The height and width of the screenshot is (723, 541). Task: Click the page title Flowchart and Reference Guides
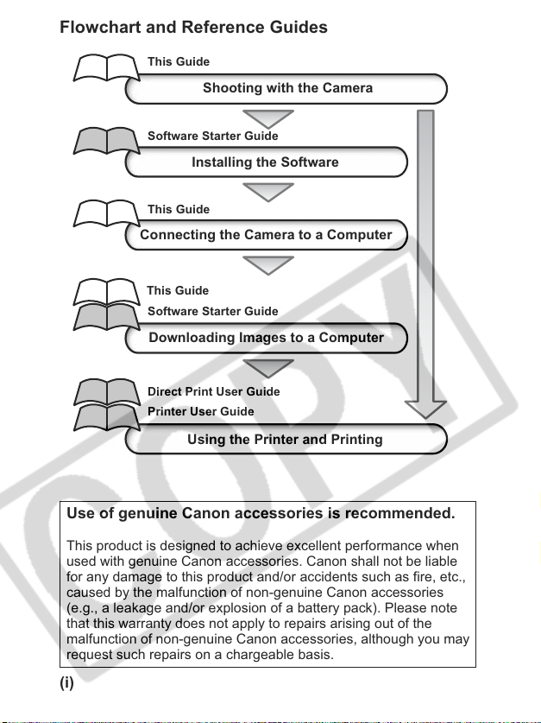tap(193, 27)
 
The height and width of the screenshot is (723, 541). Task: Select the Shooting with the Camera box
tap(286, 88)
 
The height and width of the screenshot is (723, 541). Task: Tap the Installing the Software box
tap(266, 162)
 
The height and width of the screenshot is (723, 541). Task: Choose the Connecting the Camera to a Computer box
tap(266, 235)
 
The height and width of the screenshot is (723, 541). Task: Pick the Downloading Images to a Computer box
tap(266, 338)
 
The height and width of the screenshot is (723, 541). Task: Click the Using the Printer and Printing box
tap(286, 439)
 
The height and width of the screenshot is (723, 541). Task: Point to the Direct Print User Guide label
tap(214, 391)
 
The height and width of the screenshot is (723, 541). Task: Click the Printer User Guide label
tap(201, 411)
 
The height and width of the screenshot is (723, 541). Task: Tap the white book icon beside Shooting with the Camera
tap(106, 68)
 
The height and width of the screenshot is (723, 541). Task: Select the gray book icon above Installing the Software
tap(106, 141)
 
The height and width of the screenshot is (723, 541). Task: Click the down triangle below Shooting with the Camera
tap(268, 119)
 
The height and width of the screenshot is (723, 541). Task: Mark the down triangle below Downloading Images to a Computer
tap(268, 369)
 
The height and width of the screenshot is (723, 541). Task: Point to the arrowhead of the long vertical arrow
tap(425, 410)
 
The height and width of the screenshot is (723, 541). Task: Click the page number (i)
tap(66, 682)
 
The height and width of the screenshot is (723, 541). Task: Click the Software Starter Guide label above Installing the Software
tap(213, 136)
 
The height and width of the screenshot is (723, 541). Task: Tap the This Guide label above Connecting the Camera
tap(179, 209)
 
